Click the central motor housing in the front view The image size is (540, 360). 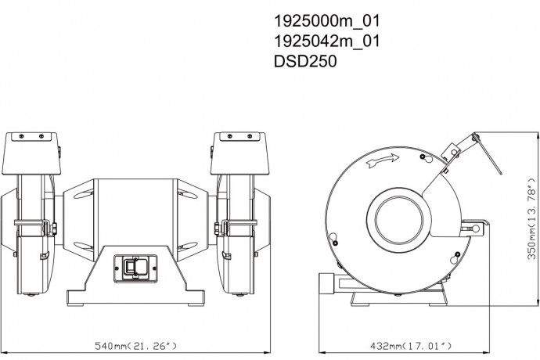tap(135, 218)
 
